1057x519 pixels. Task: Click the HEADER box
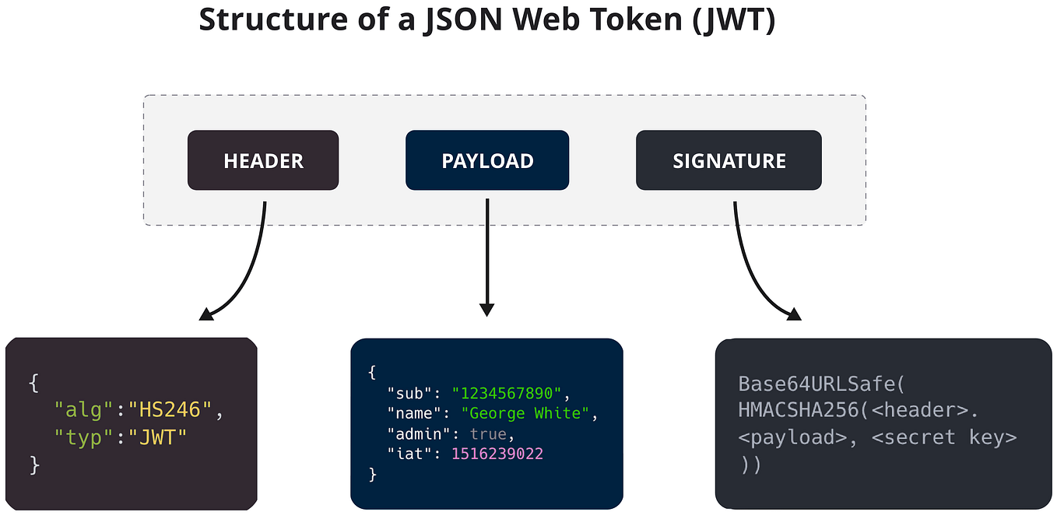pyautogui.click(x=263, y=160)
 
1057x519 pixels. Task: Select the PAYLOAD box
pyautogui.click(x=487, y=160)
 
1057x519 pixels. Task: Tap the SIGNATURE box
pyautogui.click(x=729, y=160)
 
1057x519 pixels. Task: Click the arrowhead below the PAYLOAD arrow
pyautogui.click(x=487, y=309)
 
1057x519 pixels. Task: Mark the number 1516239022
pyautogui.click(x=497, y=454)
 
